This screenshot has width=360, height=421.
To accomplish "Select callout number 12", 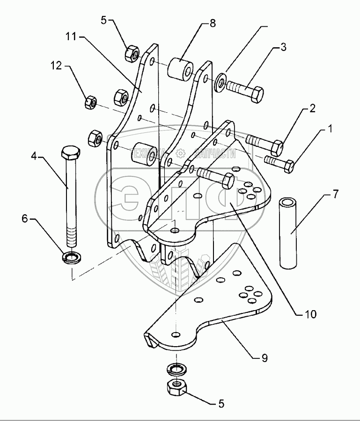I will pos(57,66).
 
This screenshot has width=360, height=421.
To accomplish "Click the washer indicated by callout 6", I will pos(71,257).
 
